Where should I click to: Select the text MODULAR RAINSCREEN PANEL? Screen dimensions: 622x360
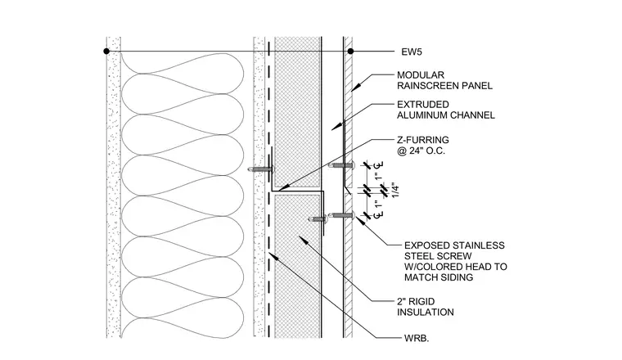point(444,80)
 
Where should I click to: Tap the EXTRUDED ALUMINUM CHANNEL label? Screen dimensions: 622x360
point(446,110)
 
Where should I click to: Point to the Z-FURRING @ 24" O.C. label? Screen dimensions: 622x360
point(423,145)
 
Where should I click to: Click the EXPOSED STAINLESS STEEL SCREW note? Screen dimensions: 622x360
point(455,261)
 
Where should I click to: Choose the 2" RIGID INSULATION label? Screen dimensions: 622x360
point(426,307)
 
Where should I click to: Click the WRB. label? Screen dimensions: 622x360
point(417,339)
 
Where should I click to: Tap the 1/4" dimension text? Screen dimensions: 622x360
point(394,190)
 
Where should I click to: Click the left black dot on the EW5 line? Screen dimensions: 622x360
point(106,52)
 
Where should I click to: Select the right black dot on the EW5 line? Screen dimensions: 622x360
point(350,52)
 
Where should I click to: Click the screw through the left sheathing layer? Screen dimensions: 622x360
point(260,169)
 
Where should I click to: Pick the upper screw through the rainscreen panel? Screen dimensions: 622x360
point(341,165)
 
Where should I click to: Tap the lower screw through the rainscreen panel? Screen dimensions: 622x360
point(341,215)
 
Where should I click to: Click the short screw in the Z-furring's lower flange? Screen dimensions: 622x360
point(318,218)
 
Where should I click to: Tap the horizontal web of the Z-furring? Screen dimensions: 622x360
point(298,191)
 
